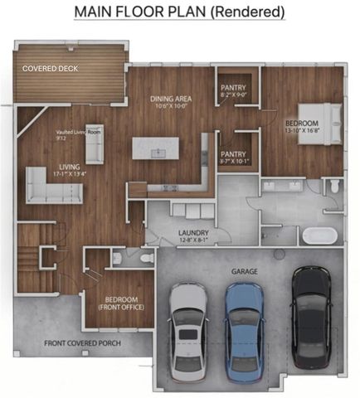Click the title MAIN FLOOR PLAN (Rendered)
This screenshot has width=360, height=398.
(x=179, y=12)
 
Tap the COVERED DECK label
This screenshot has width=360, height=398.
(x=51, y=69)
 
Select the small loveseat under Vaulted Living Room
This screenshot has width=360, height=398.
(x=94, y=148)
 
